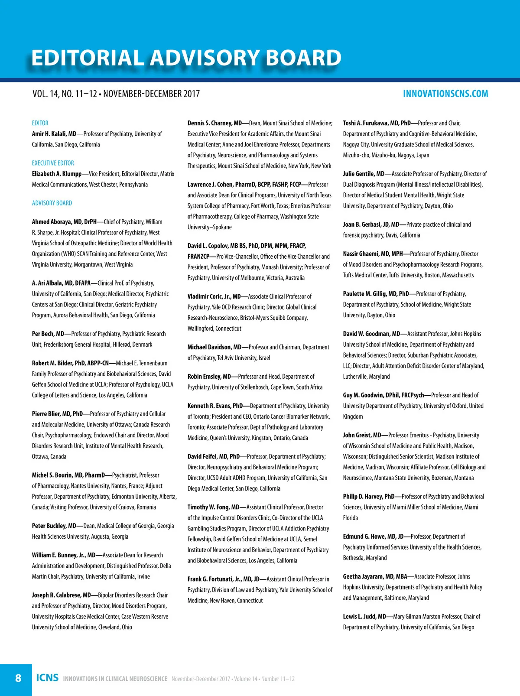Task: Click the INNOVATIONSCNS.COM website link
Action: [445, 94]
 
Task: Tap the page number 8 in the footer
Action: [18, 678]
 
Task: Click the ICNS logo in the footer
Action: [47, 678]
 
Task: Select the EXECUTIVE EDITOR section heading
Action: [53, 163]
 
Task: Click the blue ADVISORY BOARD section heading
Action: [52, 203]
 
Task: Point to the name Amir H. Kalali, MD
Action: [54, 134]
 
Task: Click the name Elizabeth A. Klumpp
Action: [57, 174]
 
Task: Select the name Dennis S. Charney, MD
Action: [214, 123]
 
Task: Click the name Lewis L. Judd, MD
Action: [364, 616]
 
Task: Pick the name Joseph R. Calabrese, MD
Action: [62, 595]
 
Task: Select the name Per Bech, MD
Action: [48, 334]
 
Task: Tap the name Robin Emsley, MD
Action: [209, 377]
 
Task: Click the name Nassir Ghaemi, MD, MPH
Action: [373, 254]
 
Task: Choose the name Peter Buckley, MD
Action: [54, 526]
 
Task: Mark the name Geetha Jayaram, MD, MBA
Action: [375, 576]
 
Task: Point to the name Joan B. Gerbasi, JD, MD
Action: [371, 224]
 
